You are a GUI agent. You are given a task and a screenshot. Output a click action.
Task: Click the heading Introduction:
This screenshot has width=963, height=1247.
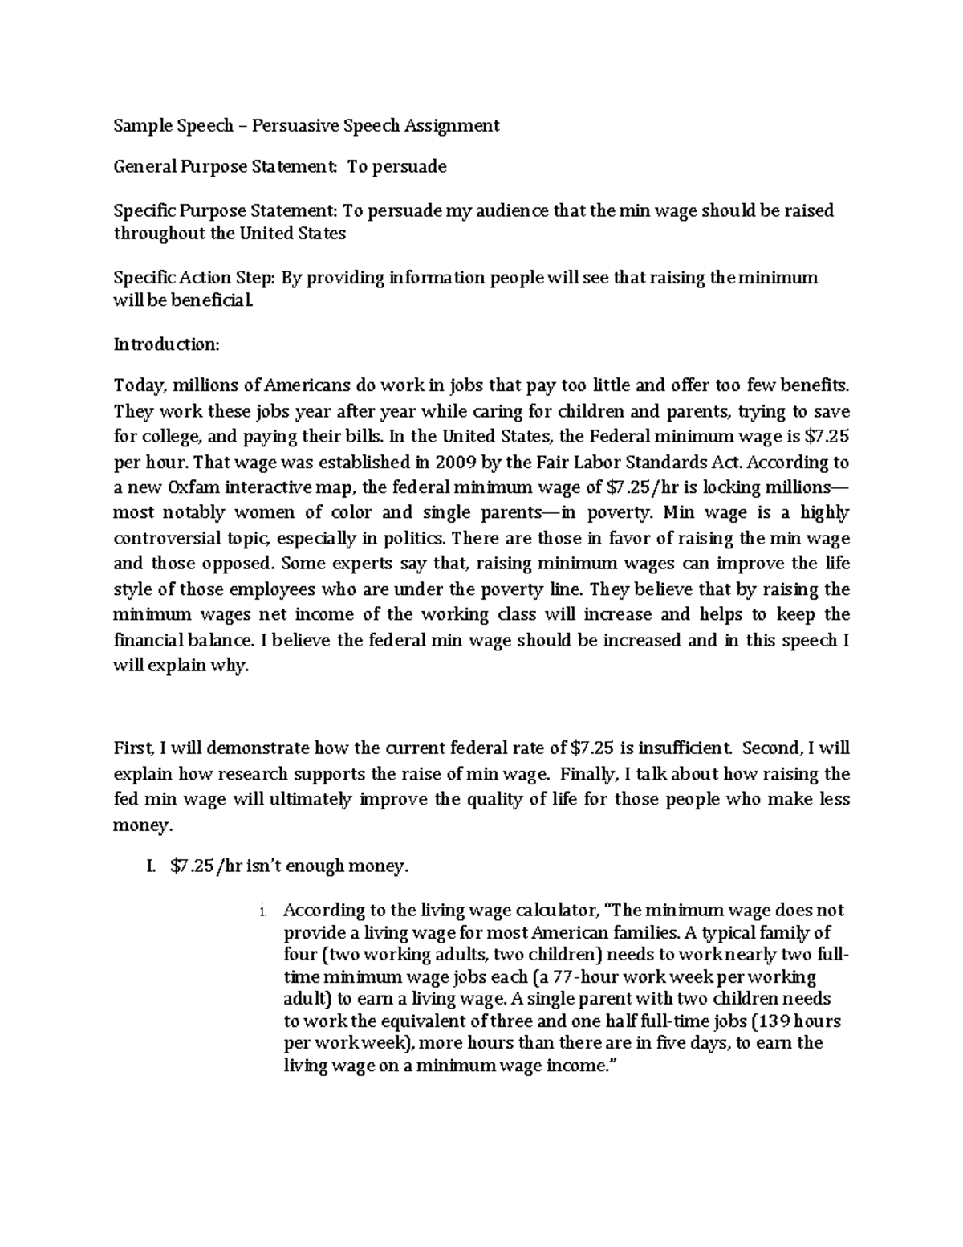click(166, 344)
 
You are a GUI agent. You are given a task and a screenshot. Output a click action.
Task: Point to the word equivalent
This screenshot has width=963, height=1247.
click(422, 1021)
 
